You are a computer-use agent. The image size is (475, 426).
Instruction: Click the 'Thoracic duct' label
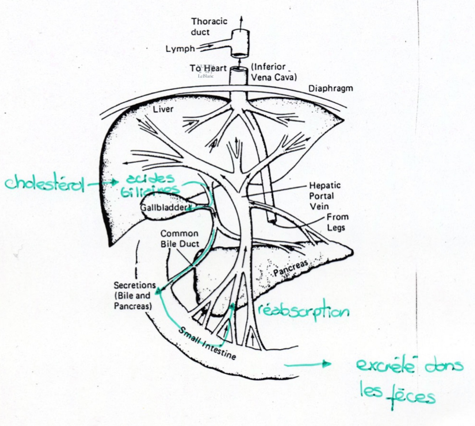209,27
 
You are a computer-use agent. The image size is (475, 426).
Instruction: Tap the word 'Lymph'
180,49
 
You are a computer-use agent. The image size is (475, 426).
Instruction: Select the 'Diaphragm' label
330,88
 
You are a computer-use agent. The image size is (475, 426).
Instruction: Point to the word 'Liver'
163,109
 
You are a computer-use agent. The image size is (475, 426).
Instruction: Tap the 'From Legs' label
337,222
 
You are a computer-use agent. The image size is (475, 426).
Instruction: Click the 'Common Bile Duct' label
179,238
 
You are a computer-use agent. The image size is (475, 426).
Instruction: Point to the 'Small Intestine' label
207,344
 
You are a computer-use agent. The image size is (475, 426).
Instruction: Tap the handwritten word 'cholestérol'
45,184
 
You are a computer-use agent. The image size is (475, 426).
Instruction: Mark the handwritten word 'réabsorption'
303,311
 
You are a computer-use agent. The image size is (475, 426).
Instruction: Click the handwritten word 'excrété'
385,366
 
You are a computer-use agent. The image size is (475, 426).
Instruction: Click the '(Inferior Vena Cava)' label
273,72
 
